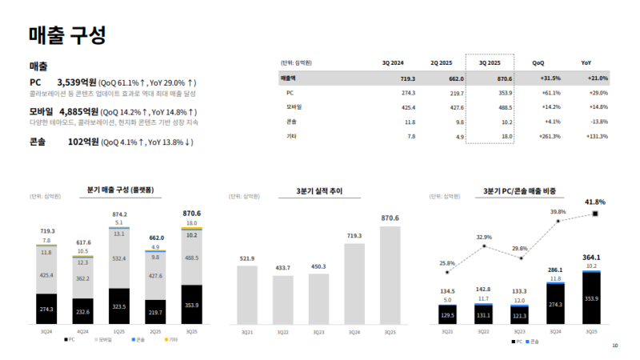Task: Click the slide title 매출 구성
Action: (x=66, y=35)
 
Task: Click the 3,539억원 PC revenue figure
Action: (x=77, y=82)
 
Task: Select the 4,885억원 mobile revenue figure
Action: (x=78, y=111)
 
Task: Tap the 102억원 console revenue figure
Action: (x=82, y=142)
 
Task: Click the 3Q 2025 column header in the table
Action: (x=490, y=62)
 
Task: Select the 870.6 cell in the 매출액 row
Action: (x=504, y=78)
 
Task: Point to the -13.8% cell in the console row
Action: (x=598, y=122)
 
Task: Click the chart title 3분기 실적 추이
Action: (x=319, y=191)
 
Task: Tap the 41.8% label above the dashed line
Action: (x=594, y=202)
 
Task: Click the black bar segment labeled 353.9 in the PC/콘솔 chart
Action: (x=591, y=298)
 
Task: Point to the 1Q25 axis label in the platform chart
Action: (x=119, y=330)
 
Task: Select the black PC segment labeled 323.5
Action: (x=119, y=305)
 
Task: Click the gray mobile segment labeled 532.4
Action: (x=119, y=258)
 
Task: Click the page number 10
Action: (x=614, y=346)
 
